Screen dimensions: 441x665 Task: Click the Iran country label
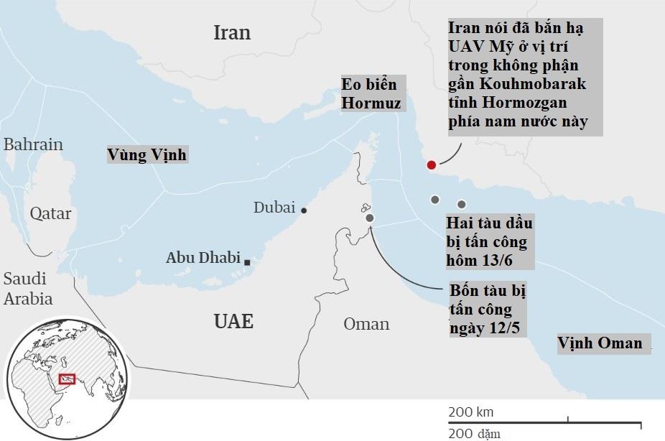(x=232, y=32)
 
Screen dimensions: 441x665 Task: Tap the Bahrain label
(x=33, y=144)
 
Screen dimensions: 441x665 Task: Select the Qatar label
(x=50, y=213)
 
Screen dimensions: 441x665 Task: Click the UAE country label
(x=233, y=321)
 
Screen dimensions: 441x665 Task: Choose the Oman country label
(x=366, y=324)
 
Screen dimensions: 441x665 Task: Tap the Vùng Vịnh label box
(x=147, y=154)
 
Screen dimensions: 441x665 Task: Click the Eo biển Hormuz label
(x=371, y=94)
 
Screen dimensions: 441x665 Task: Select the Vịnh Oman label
(x=600, y=343)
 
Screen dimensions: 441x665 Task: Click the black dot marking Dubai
(x=304, y=210)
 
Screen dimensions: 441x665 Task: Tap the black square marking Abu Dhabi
(x=247, y=263)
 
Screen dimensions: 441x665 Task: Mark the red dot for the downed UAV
(x=431, y=165)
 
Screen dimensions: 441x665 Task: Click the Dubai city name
(x=274, y=208)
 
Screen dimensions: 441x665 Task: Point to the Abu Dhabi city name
(x=203, y=257)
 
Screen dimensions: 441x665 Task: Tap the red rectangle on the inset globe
(x=67, y=378)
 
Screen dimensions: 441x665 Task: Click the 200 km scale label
(x=471, y=412)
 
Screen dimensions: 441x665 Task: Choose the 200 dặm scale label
(x=475, y=433)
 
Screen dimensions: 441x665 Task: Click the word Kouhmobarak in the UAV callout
(x=527, y=84)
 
